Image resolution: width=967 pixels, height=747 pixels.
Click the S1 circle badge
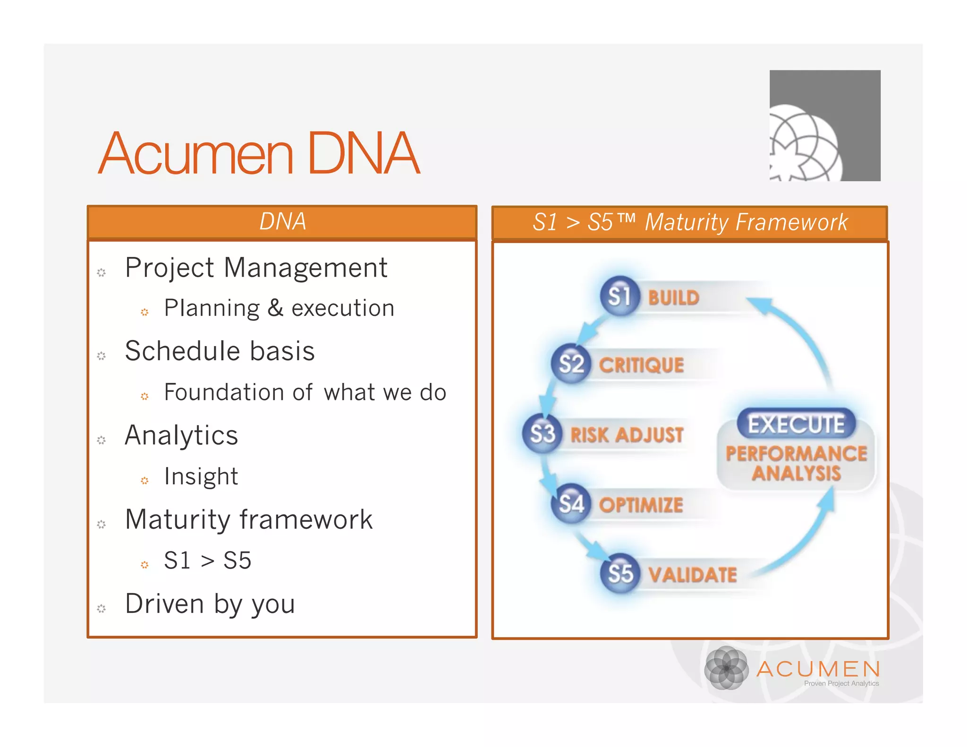tap(619, 296)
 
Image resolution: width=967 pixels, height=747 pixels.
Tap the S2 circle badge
tap(571, 364)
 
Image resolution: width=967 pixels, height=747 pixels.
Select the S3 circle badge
tap(542, 433)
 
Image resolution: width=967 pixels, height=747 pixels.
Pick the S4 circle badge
tap(571, 504)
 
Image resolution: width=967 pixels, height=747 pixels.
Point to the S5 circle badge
tap(619, 573)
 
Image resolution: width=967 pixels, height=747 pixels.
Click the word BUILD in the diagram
tap(673, 298)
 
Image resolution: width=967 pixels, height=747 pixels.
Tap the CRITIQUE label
tap(641, 365)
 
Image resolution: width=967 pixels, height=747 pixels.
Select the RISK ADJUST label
tap(627, 434)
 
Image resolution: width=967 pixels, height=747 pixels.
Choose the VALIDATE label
tap(692, 575)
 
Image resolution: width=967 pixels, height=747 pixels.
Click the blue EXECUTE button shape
tap(796, 424)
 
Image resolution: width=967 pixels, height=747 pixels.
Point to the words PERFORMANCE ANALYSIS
tap(796, 463)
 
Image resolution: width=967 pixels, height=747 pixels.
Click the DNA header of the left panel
tap(282, 221)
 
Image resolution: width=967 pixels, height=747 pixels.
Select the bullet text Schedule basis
tap(220, 351)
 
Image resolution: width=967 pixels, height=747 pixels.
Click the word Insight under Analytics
tap(201, 476)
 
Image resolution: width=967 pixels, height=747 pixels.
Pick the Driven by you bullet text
tap(210, 603)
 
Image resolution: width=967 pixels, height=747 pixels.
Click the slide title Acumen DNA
tap(259, 153)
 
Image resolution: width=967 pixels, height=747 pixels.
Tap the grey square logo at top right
tap(824, 126)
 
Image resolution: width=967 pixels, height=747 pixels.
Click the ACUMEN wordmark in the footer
tap(818, 669)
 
